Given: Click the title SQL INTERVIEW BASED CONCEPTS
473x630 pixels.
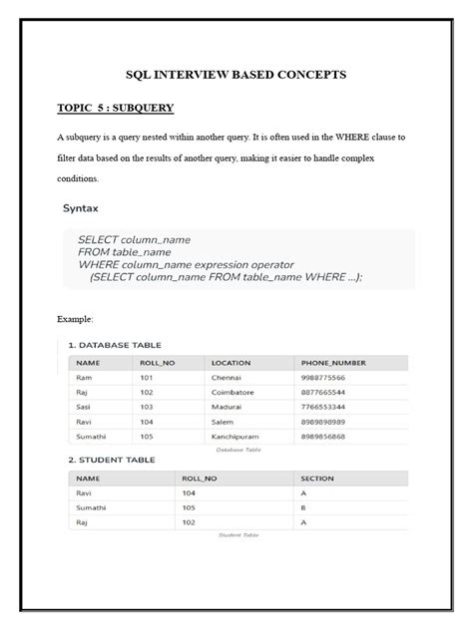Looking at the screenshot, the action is pyautogui.click(x=236, y=74).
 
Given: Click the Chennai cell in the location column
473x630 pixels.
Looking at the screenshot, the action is pyautogui.click(x=227, y=378).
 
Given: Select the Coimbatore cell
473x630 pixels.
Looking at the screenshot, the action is pyautogui.click(x=233, y=393).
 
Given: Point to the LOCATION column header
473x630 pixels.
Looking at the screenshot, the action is pyautogui.click(x=231, y=363).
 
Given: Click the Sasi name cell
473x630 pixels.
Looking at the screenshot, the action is pyautogui.click(x=85, y=407).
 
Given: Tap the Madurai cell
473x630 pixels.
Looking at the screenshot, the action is pyautogui.click(x=228, y=407).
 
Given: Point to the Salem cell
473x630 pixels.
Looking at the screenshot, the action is pyautogui.click(x=223, y=421).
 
